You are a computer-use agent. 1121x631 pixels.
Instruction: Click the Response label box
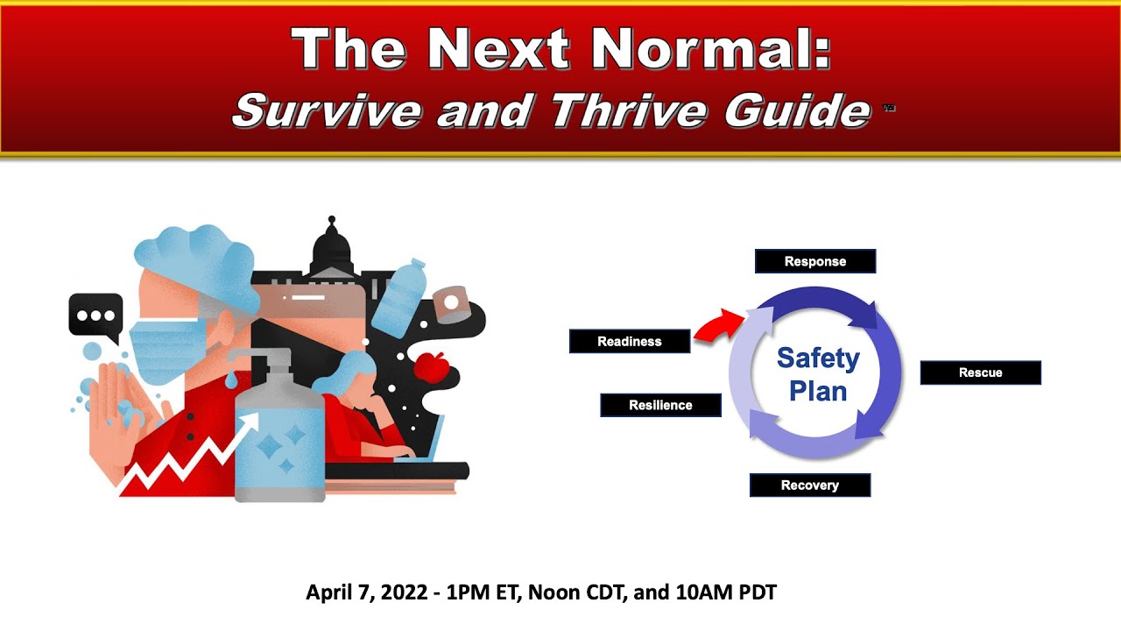pyautogui.click(x=814, y=261)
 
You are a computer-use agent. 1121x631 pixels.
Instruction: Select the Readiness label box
pyautogui.click(x=629, y=342)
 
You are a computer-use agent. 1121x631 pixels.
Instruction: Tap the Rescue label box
pyautogui.click(x=980, y=372)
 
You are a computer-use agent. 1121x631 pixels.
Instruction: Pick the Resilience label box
pyautogui.click(x=660, y=405)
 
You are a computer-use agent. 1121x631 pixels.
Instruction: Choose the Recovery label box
pyautogui.click(x=809, y=486)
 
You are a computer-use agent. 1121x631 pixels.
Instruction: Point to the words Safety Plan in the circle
pyautogui.click(x=818, y=374)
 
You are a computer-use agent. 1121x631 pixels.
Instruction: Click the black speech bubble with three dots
pyautogui.click(x=95, y=316)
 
